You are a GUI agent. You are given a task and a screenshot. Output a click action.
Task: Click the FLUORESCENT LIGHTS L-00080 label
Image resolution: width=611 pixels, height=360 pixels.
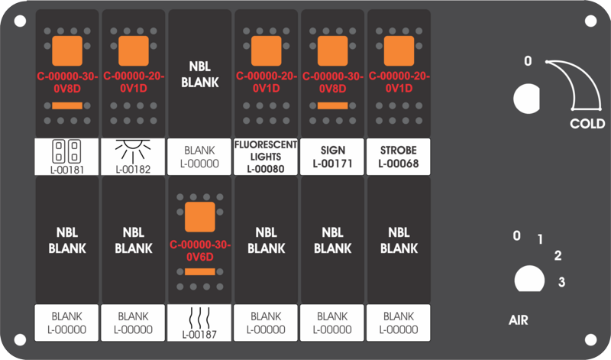266,157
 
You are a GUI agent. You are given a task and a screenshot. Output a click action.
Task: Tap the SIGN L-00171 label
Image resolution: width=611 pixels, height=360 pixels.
332,157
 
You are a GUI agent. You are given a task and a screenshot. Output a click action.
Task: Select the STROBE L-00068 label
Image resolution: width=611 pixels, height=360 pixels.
399,157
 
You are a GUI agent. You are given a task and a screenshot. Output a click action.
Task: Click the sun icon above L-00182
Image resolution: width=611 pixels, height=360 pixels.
133,151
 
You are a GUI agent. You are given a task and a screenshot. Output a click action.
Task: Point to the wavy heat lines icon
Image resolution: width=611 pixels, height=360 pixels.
199,317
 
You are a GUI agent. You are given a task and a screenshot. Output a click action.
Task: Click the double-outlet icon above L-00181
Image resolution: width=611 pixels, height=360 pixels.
66,151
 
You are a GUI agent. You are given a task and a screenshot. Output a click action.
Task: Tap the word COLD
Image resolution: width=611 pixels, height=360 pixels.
587,124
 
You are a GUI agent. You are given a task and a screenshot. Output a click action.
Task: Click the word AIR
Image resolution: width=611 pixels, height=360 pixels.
519,320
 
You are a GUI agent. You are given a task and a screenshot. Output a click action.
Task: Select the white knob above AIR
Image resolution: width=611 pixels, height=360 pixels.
529,279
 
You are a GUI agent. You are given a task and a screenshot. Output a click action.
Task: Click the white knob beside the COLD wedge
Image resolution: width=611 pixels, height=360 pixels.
526,99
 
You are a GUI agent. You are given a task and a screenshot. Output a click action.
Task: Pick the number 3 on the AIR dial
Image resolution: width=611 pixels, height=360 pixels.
561,281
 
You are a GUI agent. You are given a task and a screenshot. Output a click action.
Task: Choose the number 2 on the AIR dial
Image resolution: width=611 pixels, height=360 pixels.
558,256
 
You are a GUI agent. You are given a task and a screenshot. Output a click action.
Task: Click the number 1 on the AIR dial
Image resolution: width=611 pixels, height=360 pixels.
540,239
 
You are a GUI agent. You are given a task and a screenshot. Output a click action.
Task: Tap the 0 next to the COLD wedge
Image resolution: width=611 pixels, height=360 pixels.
528,61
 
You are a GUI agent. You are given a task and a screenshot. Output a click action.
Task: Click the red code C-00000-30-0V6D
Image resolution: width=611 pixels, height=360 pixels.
200,251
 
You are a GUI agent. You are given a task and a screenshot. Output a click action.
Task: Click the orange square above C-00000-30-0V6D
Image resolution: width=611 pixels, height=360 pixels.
200,217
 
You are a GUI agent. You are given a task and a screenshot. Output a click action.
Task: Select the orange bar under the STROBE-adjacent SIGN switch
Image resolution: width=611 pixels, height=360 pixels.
332,105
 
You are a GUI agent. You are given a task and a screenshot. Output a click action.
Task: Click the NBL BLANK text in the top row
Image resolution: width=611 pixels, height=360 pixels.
200,74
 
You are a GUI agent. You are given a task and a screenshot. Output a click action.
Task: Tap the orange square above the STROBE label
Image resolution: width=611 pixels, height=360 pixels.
399,50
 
